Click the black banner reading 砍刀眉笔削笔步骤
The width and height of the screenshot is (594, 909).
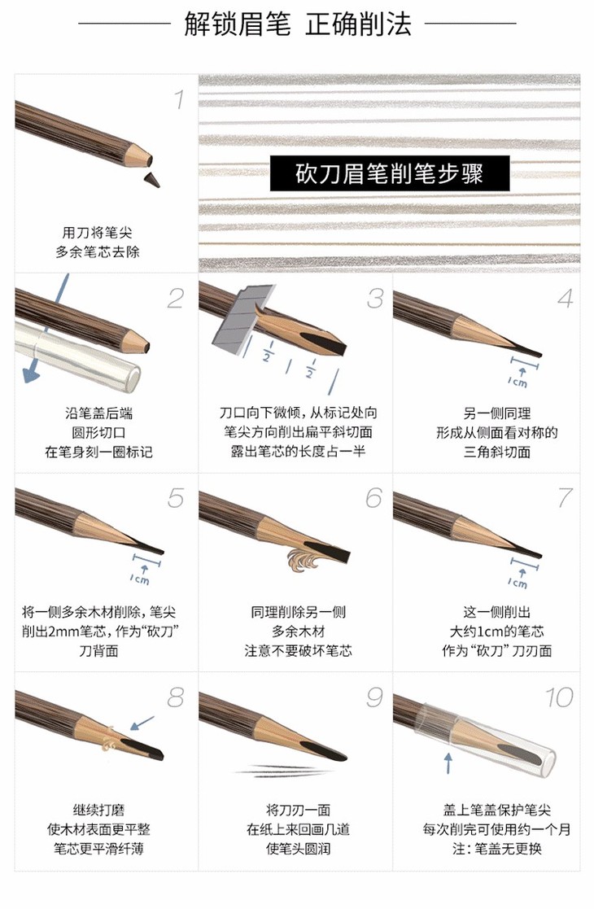(x=390, y=173)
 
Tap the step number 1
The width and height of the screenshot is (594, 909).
(x=180, y=99)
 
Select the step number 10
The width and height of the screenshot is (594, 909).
(x=559, y=697)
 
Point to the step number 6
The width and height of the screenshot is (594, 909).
(x=374, y=497)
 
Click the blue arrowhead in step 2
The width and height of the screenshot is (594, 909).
(x=31, y=376)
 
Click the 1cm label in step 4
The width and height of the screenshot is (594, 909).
(x=518, y=382)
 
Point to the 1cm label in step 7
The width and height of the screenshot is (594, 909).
(x=518, y=583)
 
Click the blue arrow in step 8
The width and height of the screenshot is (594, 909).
(x=142, y=723)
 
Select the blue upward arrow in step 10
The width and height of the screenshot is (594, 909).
(x=448, y=763)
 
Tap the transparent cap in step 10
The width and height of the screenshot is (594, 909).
(x=487, y=739)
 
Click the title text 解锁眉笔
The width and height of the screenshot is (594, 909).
(x=238, y=24)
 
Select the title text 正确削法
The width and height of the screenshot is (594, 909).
(x=359, y=24)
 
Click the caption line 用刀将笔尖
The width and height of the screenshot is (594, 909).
(x=98, y=233)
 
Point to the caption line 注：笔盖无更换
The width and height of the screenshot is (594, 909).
(x=496, y=849)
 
